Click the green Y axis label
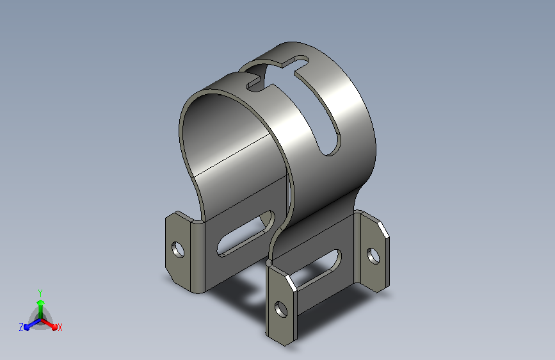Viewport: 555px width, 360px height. pos(40,293)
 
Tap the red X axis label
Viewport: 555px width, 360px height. pos(60,327)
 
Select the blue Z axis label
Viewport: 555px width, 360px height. pos(21,327)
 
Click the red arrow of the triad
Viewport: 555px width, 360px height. pos(49,324)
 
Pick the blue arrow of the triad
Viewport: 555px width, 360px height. pos(32,324)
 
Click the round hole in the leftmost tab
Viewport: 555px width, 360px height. pos(178,249)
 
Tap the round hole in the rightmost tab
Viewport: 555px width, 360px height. pos(373,256)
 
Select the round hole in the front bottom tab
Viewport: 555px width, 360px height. pos(281,309)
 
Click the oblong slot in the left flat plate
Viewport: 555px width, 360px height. pos(246,234)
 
